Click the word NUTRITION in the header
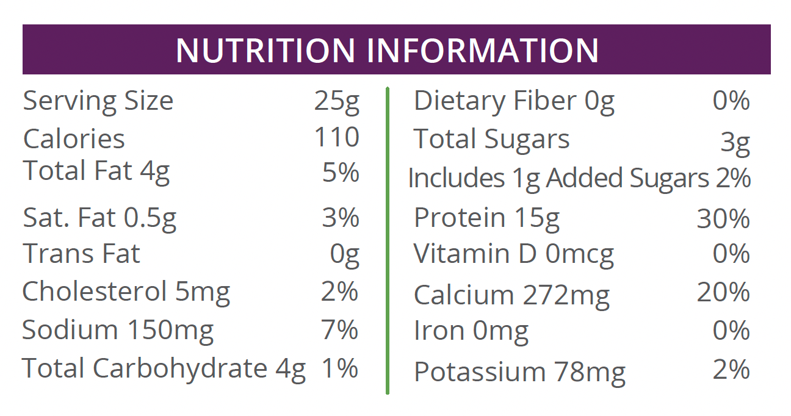[265, 51]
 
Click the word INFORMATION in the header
[483, 51]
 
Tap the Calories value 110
[337, 138]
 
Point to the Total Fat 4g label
[96, 172]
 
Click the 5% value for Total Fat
[341, 173]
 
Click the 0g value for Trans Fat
[345, 254]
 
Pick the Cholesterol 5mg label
[126, 292]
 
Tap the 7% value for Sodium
[340, 330]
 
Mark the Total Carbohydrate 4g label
[164, 369]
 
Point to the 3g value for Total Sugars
[735, 143]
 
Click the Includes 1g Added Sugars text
[558, 179]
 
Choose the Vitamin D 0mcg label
[514, 254]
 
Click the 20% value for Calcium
[723, 292]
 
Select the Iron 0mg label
[471, 331]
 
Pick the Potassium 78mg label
[519, 371]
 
